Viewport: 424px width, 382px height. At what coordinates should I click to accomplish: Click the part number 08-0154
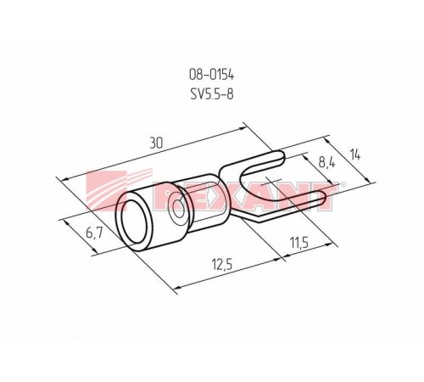click(x=211, y=76)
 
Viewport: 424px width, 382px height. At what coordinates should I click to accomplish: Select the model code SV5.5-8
click(x=212, y=94)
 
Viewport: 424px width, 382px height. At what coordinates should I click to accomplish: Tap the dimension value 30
click(x=156, y=143)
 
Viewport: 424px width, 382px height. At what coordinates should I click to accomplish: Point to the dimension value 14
click(x=354, y=154)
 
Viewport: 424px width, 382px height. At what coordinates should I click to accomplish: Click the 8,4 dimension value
click(x=327, y=163)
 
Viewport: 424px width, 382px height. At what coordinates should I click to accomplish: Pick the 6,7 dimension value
click(x=94, y=234)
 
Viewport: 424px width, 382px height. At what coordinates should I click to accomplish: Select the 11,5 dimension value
click(x=298, y=243)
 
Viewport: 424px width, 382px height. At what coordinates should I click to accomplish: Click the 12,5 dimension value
click(x=222, y=265)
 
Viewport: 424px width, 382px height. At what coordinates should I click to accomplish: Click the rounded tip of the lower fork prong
click(x=322, y=198)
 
